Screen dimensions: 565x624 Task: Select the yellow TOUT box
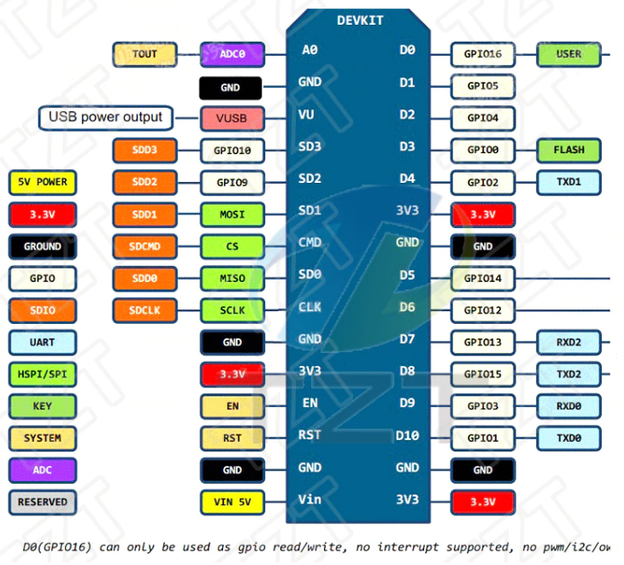click(x=144, y=54)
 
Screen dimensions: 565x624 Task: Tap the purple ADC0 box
click(x=232, y=54)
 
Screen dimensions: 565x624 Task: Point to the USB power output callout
click(x=105, y=117)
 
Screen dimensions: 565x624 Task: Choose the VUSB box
click(x=232, y=119)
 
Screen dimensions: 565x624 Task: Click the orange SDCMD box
click(x=144, y=247)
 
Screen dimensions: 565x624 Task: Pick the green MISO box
click(x=232, y=279)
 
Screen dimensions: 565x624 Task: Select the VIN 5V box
click(x=232, y=502)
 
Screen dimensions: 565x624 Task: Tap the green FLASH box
click(x=568, y=150)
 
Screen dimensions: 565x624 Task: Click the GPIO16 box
click(x=483, y=54)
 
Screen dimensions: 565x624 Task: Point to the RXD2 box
click(x=568, y=343)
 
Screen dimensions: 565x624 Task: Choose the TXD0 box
click(x=568, y=438)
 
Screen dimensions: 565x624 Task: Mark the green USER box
click(x=568, y=54)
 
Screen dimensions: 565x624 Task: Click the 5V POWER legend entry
click(x=42, y=182)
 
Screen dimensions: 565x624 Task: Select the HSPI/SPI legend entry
click(x=42, y=374)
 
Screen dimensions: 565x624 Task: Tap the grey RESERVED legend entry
click(x=42, y=503)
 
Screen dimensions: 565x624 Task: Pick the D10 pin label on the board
click(x=408, y=435)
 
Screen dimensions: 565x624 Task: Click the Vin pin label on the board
click(x=309, y=499)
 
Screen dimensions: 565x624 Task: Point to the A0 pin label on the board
click(x=309, y=50)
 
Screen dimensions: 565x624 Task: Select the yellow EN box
click(x=232, y=406)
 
